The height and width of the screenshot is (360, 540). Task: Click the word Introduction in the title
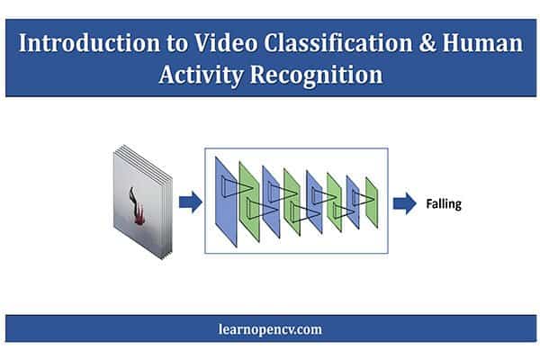(89, 43)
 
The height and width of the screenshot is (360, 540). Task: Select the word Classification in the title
(337, 43)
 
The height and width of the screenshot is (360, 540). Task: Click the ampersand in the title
(427, 43)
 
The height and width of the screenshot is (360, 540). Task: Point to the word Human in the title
(482, 43)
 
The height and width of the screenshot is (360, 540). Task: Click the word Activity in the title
(201, 75)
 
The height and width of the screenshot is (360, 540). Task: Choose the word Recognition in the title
(316, 75)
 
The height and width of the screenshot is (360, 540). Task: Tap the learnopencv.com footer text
(270, 329)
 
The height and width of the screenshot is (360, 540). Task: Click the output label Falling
(444, 204)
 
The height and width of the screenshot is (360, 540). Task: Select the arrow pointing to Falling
(405, 203)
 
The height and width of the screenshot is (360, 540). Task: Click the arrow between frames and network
(191, 202)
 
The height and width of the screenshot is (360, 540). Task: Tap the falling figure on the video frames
(137, 206)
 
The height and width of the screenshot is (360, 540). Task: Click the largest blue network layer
(226, 202)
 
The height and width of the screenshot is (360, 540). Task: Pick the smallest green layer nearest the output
(372, 202)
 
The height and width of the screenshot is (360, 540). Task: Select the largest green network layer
(249, 202)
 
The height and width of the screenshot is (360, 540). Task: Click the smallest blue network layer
(353, 202)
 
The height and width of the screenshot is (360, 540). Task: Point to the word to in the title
(177, 44)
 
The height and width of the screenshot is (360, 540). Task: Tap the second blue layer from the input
(271, 202)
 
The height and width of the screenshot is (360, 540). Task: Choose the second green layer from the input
(292, 202)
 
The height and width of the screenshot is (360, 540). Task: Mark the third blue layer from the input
(314, 202)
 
